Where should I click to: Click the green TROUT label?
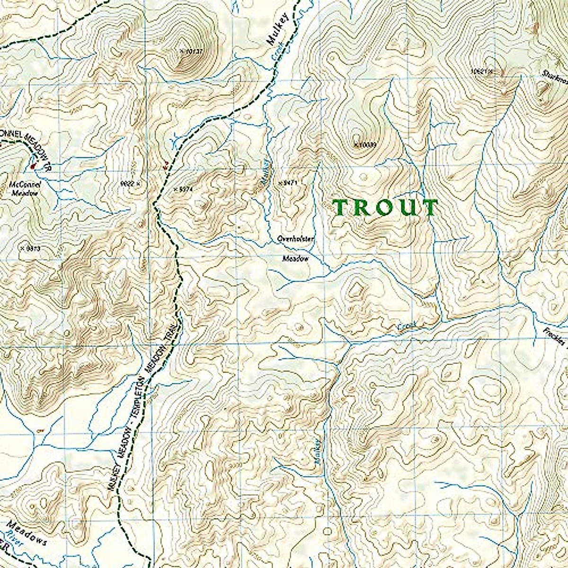tap(385, 208)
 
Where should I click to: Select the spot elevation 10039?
tap(365, 145)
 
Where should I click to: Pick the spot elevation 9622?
tap(130, 183)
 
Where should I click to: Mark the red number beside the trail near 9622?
tap(165, 165)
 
